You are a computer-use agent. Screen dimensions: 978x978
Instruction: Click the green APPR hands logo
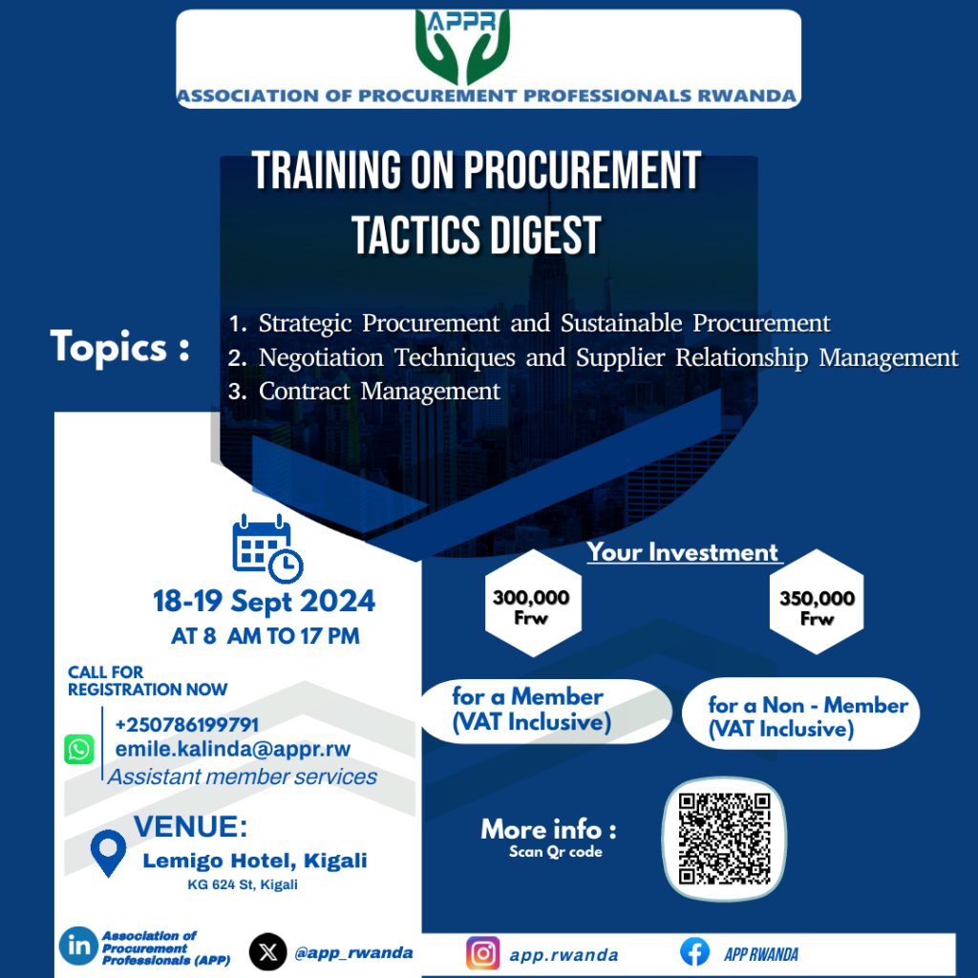click(x=462, y=47)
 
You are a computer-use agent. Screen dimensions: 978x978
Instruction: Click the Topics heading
click(x=119, y=347)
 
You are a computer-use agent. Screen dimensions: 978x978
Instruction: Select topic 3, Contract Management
click(x=364, y=391)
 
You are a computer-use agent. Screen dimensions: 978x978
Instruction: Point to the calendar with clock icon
click(x=267, y=548)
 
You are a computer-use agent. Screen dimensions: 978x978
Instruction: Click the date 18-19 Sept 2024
click(x=265, y=602)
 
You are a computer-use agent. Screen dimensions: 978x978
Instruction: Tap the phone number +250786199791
click(x=187, y=724)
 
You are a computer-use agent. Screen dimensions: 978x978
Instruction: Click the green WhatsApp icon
click(x=79, y=749)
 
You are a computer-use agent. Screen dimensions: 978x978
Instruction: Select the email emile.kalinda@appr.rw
click(x=233, y=749)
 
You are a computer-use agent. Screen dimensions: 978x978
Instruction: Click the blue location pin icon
click(x=108, y=852)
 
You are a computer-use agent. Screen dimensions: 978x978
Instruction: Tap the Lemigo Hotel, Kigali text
click(x=255, y=861)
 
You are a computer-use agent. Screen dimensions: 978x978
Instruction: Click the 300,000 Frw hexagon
click(x=533, y=603)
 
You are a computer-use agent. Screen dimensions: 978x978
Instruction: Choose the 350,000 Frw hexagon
click(x=817, y=602)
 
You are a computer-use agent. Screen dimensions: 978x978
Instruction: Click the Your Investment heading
click(x=683, y=553)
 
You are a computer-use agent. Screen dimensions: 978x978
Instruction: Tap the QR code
click(x=724, y=839)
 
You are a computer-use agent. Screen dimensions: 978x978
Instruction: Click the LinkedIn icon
click(x=78, y=946)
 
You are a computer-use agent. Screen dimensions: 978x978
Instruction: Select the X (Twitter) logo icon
click(x=268, y=952)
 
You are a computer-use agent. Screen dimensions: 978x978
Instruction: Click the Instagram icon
click(x=482, y=953)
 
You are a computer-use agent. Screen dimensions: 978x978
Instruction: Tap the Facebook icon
click(x=695, y=952)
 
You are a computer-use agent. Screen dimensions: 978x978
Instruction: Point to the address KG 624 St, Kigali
click(x=243, y=884)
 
